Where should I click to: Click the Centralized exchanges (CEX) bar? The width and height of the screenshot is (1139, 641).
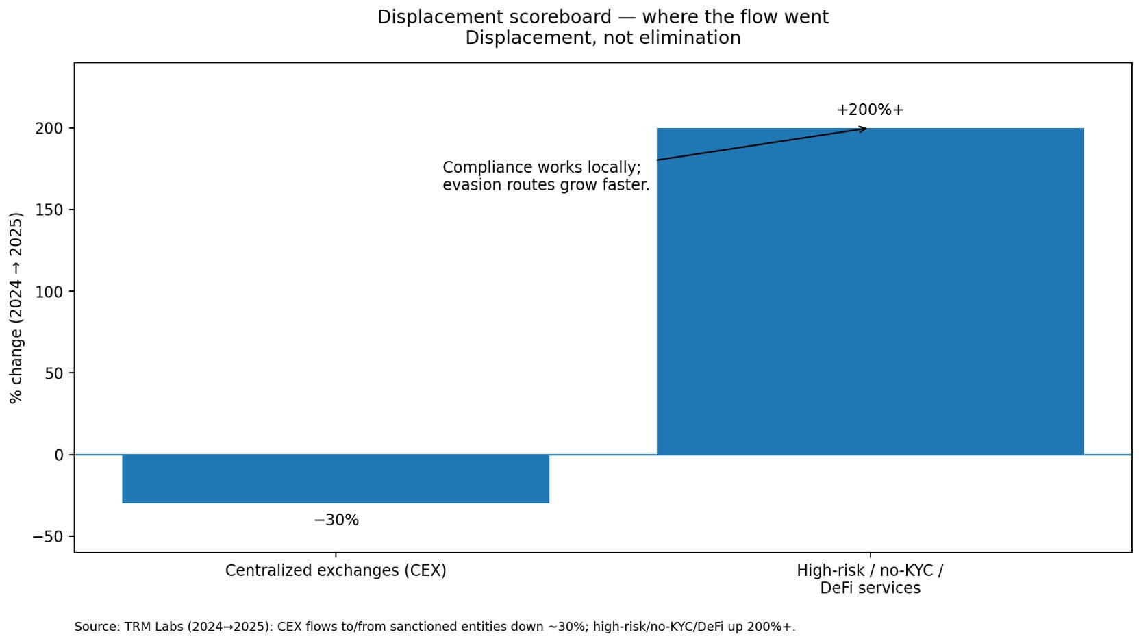point(336,479)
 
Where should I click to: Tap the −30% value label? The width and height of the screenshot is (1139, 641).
point(336,520)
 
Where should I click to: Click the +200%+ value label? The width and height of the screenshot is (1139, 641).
point(870,110)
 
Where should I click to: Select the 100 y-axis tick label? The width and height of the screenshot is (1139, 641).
point(49,292)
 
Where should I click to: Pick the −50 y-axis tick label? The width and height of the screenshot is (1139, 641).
point(48,536)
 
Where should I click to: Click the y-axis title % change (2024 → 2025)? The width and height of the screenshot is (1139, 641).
point(16,307)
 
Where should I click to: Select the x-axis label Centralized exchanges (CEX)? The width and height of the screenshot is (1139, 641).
point(336,570)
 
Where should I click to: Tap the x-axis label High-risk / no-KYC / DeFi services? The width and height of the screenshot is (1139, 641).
point(870,579)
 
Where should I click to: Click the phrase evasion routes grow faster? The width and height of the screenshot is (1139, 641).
point(546,185)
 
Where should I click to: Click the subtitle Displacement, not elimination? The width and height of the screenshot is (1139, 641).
point(603,38)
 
